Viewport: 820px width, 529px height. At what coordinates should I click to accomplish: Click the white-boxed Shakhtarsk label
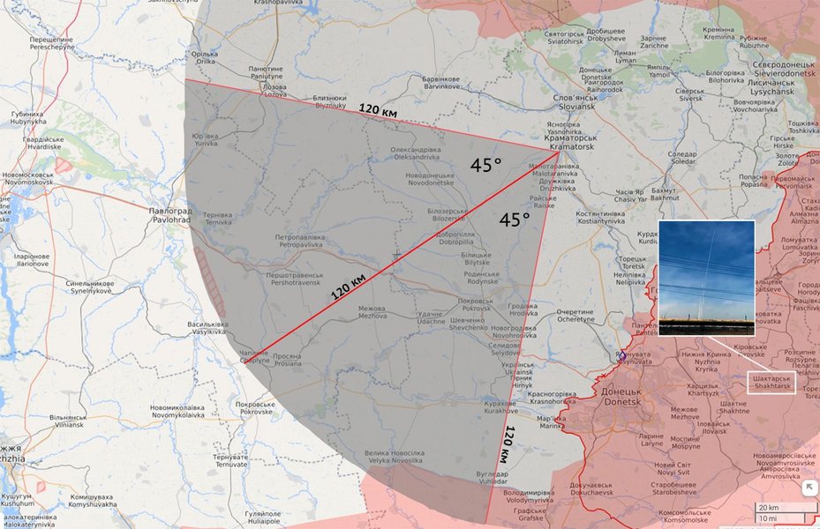pyautogui.click(x=771, y=382)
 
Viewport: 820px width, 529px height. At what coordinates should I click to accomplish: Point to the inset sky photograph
pyautogui.click(x=706, y=277)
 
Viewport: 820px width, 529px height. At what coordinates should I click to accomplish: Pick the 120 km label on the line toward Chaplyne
pyautogui.click(x=349, y=287)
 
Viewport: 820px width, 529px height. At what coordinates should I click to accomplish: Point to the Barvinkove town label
pyautogui.click(x=443, y=83)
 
